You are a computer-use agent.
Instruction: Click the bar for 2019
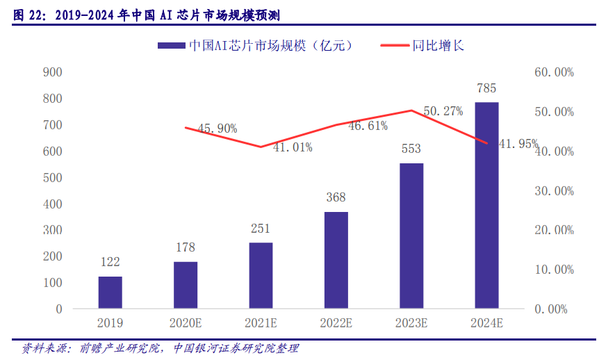point(110,292)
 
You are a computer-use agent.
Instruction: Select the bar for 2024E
point(486,205)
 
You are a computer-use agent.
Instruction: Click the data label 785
point(486,88)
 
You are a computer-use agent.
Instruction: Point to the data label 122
point(110,262)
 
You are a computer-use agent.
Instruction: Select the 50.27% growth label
point(443,111)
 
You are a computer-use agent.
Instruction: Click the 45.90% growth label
point(218,129)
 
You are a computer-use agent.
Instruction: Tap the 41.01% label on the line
point(293,147)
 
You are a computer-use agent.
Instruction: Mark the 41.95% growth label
point(518,144)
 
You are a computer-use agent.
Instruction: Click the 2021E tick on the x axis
point(261,322)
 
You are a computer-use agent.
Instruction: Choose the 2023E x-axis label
point(411,322)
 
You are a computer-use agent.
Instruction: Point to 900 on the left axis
point(53,72)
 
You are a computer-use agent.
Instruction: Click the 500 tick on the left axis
point(53,177)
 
